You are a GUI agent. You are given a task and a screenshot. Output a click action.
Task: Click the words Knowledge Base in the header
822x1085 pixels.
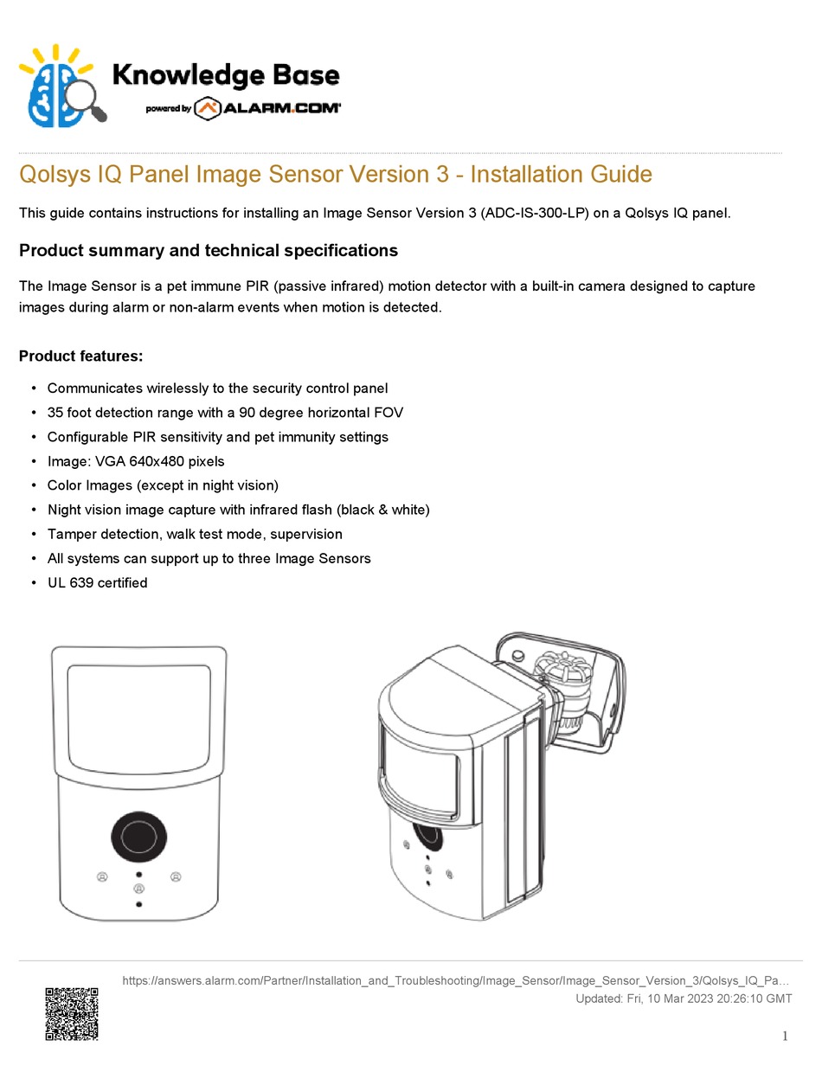(x=226, y=76)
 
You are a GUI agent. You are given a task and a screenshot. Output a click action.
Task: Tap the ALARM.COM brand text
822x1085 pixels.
(x=282, y=108)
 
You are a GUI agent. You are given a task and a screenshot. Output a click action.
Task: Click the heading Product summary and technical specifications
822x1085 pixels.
(x=209, y=250)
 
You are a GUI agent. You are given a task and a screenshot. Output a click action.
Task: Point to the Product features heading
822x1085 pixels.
(x=80, y=356)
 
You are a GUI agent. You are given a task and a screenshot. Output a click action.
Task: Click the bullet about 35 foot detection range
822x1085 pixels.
(x=225, y=413)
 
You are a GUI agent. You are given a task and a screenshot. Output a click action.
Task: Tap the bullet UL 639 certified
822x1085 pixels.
(x=97, y=582)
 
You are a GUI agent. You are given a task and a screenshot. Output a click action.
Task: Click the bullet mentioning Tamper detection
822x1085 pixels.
(x=195, y=534)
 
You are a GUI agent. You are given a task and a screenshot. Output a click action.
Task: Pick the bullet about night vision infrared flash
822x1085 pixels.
(x=238, y=510)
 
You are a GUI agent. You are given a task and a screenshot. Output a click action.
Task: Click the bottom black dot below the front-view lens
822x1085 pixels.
(x=139, y=904)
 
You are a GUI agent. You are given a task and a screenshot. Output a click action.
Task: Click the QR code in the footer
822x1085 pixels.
(x=72, y=1013)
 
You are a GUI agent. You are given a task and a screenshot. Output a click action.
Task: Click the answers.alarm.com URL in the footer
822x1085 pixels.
(x=455, y=981)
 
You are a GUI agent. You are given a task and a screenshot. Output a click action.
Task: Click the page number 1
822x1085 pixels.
(x=784, y=1037)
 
